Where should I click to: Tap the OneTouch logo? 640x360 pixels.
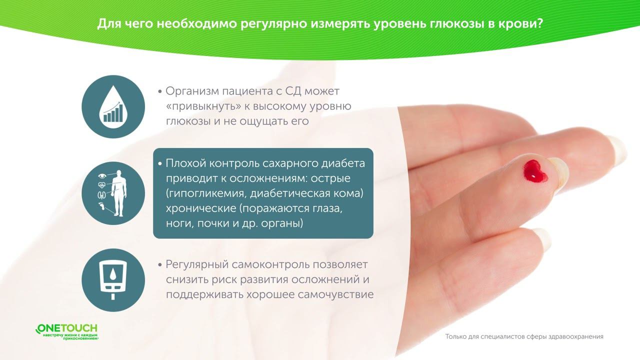(67, 331)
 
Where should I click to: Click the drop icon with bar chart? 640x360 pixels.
(113, 106)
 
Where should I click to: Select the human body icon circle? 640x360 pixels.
(113, 193)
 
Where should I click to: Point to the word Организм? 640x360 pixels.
(193, 92)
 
